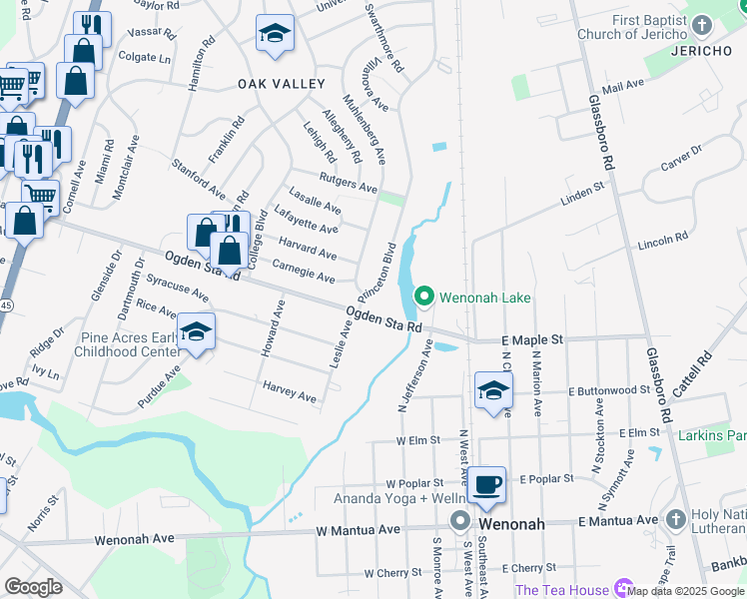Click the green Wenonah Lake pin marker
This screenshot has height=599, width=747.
point(423,297)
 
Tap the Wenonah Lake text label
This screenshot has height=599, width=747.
point(487,298)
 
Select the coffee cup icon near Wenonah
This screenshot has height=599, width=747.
point(487,485)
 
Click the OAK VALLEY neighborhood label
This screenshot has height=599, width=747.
point(282,85)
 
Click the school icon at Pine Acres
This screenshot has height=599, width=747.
point(196,332)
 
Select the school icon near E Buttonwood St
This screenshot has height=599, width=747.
point(493,391)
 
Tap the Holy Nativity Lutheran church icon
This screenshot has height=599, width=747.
point(677,519)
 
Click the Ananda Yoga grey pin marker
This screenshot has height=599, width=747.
point(459,520)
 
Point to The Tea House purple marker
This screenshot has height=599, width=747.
point(625,589)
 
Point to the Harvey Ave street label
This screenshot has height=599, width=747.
point(290,390)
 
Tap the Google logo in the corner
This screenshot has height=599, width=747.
point(34,587)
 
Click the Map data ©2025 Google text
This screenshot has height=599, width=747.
point(685,590)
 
